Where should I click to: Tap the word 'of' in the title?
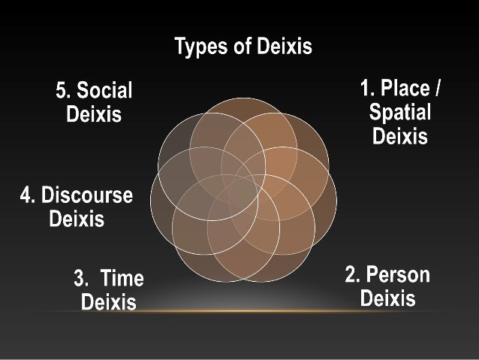(x=242, y=48)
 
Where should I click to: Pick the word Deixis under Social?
(x=94, y=116)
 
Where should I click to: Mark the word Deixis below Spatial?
(x=399, y=137)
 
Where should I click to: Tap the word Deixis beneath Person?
(x=387, y=299)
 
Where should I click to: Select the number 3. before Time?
(x=81, y=280)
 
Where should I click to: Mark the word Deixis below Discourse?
(x=76, y=219)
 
